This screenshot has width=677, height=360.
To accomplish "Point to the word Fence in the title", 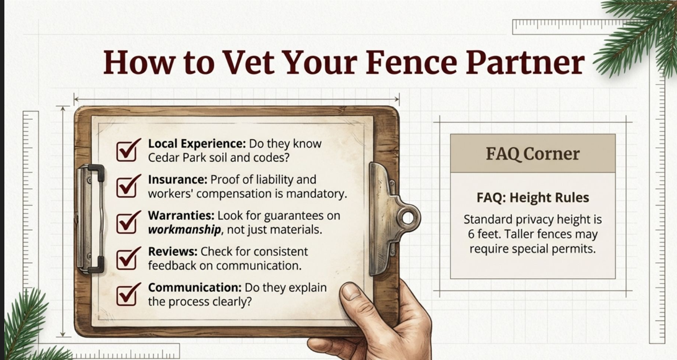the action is point(411,62).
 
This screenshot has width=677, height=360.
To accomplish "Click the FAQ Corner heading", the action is point(533,154).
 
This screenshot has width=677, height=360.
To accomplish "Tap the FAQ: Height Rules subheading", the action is point(533,198).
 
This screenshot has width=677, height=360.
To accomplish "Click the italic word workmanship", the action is point(185,230).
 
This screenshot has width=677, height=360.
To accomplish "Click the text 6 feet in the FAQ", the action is point(484,235).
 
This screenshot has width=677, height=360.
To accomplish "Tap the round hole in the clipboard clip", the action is point(408,218).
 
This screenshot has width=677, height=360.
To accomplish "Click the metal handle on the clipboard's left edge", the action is point(90,219).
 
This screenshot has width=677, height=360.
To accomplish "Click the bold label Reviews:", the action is point(173,251).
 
